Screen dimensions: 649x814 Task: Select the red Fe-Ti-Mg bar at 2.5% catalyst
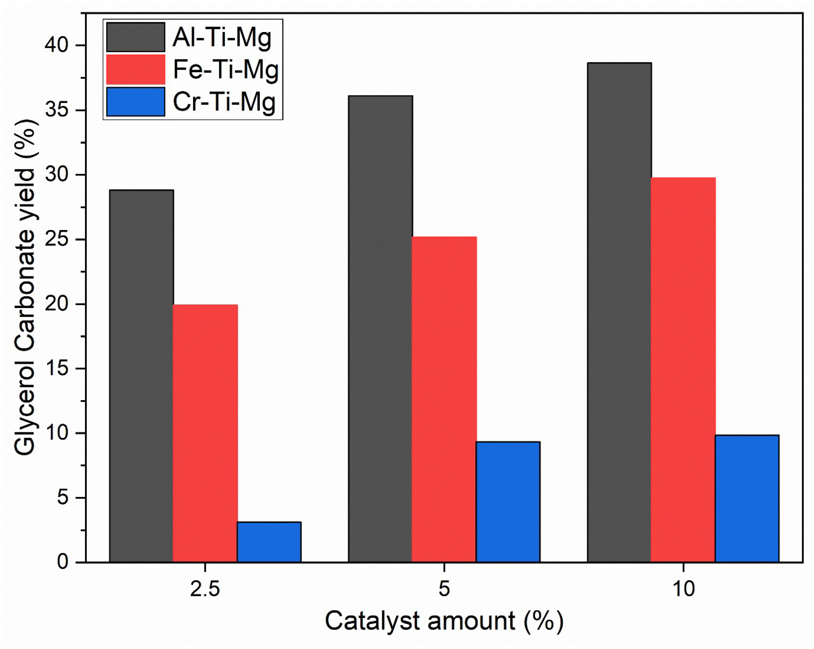[x=205, y=433]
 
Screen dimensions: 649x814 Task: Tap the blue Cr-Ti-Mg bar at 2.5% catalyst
[x=269, y=542]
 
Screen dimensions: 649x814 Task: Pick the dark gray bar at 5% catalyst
[x=380, y=329]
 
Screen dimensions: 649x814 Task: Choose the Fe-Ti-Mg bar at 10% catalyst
[x=683, y=370]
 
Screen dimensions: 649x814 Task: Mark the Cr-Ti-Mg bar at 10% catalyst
[x=747, y=498]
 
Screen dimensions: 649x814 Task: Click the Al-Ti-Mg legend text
[x=222, y=38]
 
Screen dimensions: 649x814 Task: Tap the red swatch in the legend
[x=136, y=70]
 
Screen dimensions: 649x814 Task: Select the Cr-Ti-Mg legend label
[x=224, y=102]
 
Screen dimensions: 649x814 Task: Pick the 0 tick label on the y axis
[x=63, y=562]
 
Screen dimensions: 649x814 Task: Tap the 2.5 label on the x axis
[x=205, y=589]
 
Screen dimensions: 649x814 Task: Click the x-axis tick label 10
[x=683, y=589]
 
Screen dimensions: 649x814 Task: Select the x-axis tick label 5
[x=444, y=589]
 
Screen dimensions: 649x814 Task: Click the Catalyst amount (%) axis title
[x=444, y=621]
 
